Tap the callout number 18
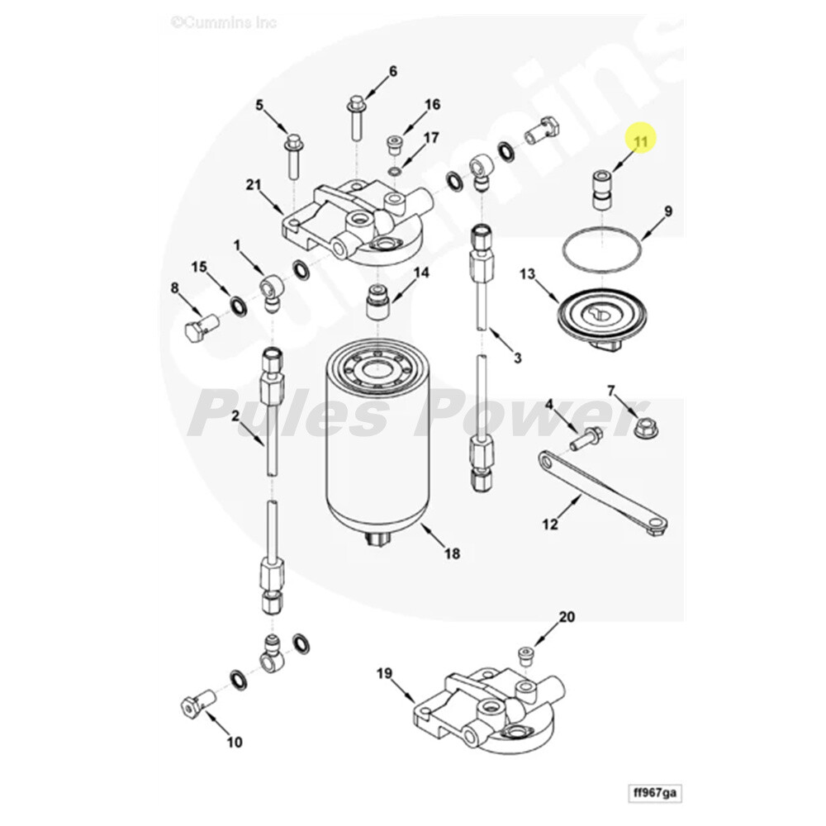pos(452,553)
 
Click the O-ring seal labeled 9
pos(602,247)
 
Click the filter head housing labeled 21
pos(351,219)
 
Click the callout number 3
pos(518,357)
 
